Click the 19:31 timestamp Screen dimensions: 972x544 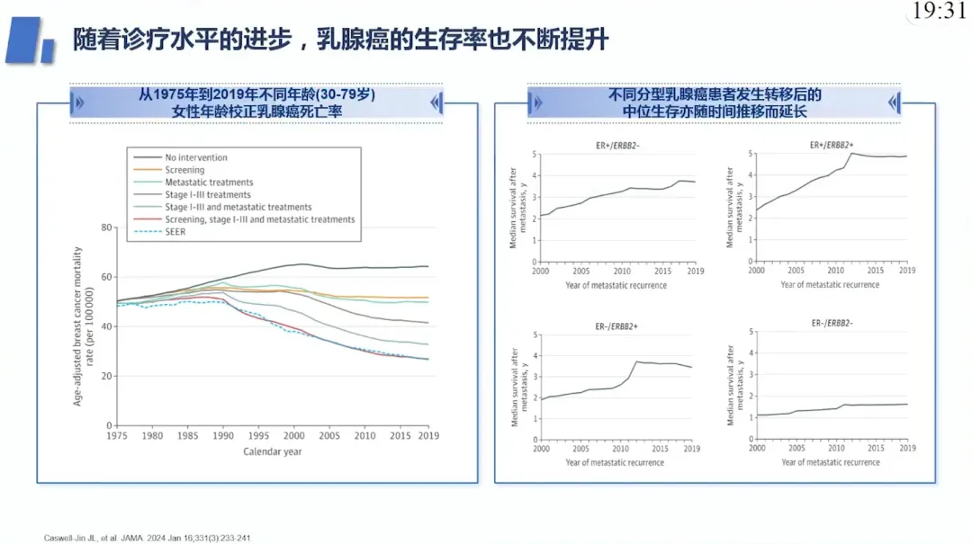[x=939, y=11]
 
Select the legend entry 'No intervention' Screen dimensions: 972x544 [x=180, y=157]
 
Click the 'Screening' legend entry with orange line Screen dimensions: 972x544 [x=169, y=170]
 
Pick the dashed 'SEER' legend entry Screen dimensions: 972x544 [x=160, y=232]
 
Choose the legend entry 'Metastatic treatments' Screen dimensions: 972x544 [x=193, y=183]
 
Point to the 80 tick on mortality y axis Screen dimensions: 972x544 [x=106, y=227]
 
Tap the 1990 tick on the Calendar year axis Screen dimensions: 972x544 [x=223, y=435]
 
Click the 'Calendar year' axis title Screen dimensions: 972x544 [x=272, y=451]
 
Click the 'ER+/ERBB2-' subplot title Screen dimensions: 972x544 [x=617, y=146]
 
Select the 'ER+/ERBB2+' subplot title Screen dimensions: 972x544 [x=832, y=145]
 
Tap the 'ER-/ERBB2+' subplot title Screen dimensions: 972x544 [x=616, y=326]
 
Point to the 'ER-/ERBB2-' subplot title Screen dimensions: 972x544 [x=832, y=324]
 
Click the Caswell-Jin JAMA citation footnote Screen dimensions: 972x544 [x=147, y=538]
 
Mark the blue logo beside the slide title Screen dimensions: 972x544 [x=31, y=40]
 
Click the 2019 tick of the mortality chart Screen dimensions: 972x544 [x=428, y=435]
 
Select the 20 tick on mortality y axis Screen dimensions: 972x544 [x=106, y=376]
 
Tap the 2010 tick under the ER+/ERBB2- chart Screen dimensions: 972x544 [x=622, y=271]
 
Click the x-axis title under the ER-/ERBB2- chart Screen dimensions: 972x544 [x=831, y=462]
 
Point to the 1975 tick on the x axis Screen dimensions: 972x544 [x=116, y=435]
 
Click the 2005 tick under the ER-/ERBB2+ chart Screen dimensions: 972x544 [x=580, y=449]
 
